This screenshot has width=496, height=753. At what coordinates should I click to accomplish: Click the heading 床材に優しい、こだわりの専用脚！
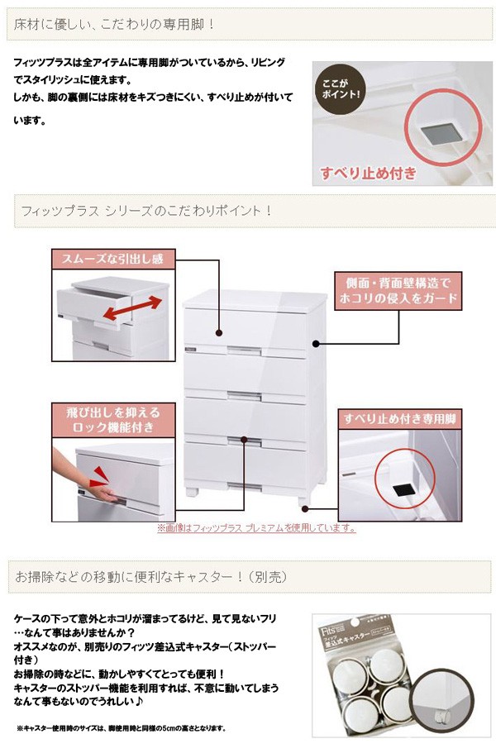[x=116, y=24]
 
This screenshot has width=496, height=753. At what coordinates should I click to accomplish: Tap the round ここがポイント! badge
[x=341, y=88]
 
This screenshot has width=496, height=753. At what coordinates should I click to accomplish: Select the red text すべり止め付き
[x=368, y=174]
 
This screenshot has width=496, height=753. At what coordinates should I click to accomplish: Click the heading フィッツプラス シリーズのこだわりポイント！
[x=144, y=211]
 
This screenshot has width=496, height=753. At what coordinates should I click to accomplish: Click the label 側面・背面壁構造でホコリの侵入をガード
[x=398, y=290]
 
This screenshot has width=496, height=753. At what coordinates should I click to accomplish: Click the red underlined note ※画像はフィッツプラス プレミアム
[x=256, y=528]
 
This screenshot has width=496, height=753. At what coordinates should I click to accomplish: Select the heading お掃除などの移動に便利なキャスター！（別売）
[x=137, y=575]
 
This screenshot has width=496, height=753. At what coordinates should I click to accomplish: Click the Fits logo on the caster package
[x=327, y=630]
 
